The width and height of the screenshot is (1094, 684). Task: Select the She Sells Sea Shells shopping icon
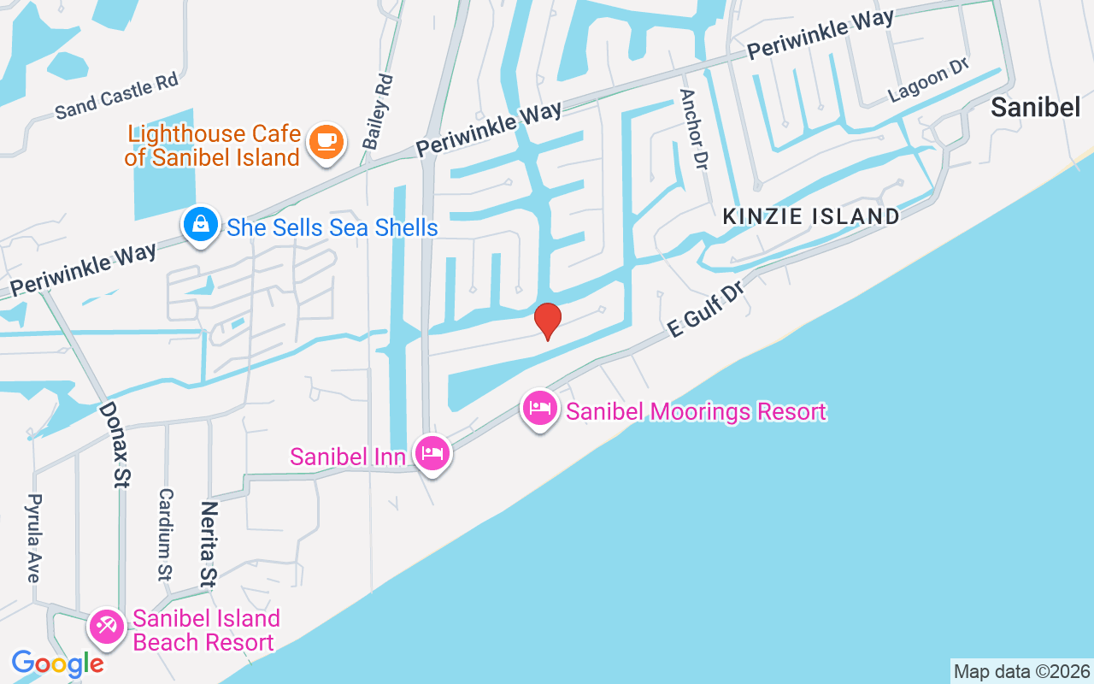click(x=199, y=226)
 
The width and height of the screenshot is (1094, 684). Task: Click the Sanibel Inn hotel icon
click(x=432, y=453)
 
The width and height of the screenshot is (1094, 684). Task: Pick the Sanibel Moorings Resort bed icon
click(x=539, y=409)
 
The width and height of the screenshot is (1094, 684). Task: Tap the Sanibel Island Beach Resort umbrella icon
click(x=107, y=628)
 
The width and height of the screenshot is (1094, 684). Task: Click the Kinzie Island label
click(x=811, y=216)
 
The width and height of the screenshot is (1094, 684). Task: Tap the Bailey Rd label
click(x=378, y=111)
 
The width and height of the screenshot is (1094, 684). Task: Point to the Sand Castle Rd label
click(x=116, y=96)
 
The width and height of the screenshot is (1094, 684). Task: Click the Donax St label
click(x=114, y=445)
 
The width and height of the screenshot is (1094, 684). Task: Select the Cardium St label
click(x=166, y=534)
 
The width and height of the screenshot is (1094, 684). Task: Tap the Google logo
click(x=57, y=663)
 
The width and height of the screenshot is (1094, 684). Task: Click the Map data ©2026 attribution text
click(x=1021, y=672)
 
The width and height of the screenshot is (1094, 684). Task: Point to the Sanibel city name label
click(x=1036, y=107)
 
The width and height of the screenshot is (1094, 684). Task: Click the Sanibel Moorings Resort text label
click(x=696, y=411)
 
